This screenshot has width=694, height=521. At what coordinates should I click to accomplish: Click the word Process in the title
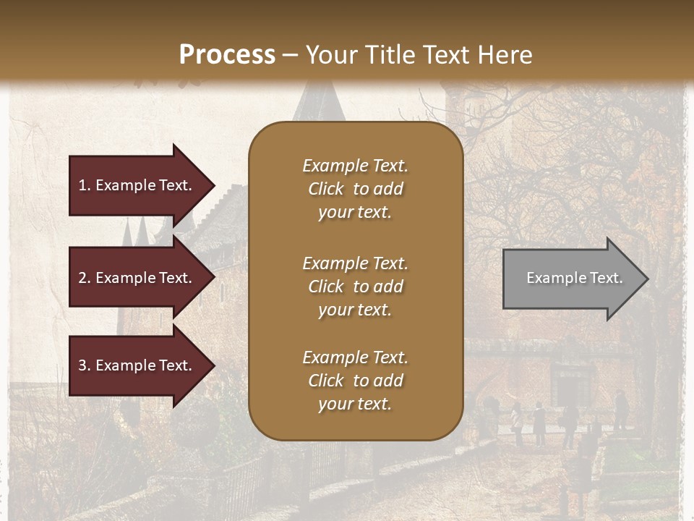click(227, 55)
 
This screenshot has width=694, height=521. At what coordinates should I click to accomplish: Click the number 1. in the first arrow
click(85, 185)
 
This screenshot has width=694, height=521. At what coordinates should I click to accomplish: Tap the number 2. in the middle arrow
click(85, 278)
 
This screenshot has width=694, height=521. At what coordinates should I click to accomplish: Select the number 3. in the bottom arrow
click(85, 365)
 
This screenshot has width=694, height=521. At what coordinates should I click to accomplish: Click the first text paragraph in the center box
click(355, 189)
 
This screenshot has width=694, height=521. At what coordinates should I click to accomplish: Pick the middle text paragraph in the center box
click(355, 287)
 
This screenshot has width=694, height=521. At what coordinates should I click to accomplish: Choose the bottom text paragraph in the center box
click(355, 381)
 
